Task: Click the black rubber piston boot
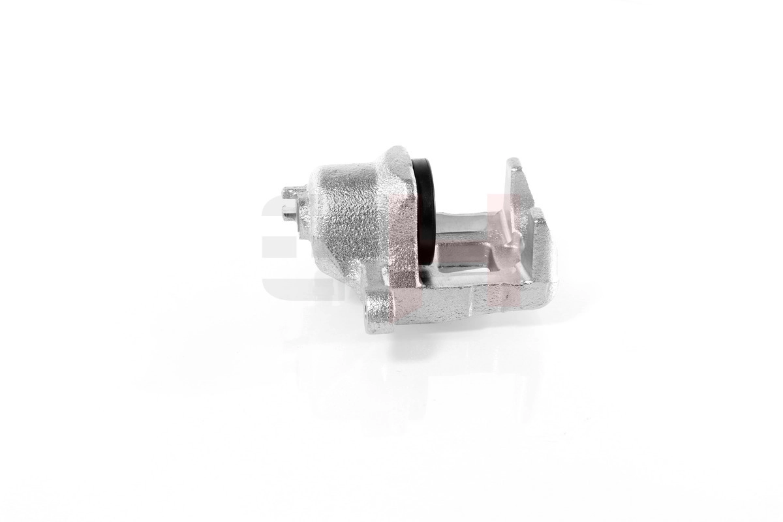[426, 209]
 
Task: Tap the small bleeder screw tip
[286, 210]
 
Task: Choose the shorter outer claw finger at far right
[542, 241]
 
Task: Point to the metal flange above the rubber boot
[399, 163]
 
